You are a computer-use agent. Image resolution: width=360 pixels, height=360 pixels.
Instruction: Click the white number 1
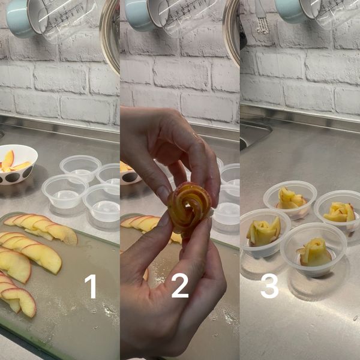[x=91, y=286]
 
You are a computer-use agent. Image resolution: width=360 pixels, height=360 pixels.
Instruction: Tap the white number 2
[x=179, y=286]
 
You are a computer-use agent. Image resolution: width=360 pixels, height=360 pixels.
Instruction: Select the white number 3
[x=269, y=286]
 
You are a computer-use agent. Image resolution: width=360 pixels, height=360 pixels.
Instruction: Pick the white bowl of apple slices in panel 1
[x=16, y=163]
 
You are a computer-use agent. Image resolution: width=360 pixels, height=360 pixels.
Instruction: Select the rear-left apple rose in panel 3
[x=289, y=197]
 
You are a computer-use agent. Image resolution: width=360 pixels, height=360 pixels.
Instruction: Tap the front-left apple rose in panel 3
[x=264, y=232]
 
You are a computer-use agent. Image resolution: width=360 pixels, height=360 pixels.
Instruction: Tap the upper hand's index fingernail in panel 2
[x=162, y=193]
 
